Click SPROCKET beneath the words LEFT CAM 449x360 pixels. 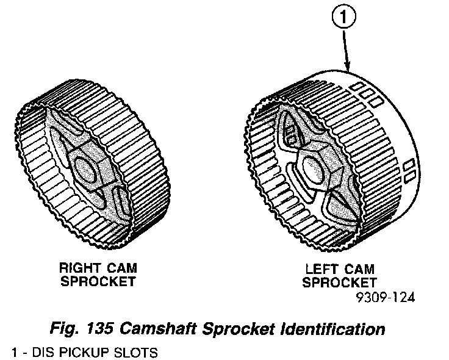pyautogui.click(x=340, y=283)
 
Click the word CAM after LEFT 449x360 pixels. pyautogui.click(x=361, y=269)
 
